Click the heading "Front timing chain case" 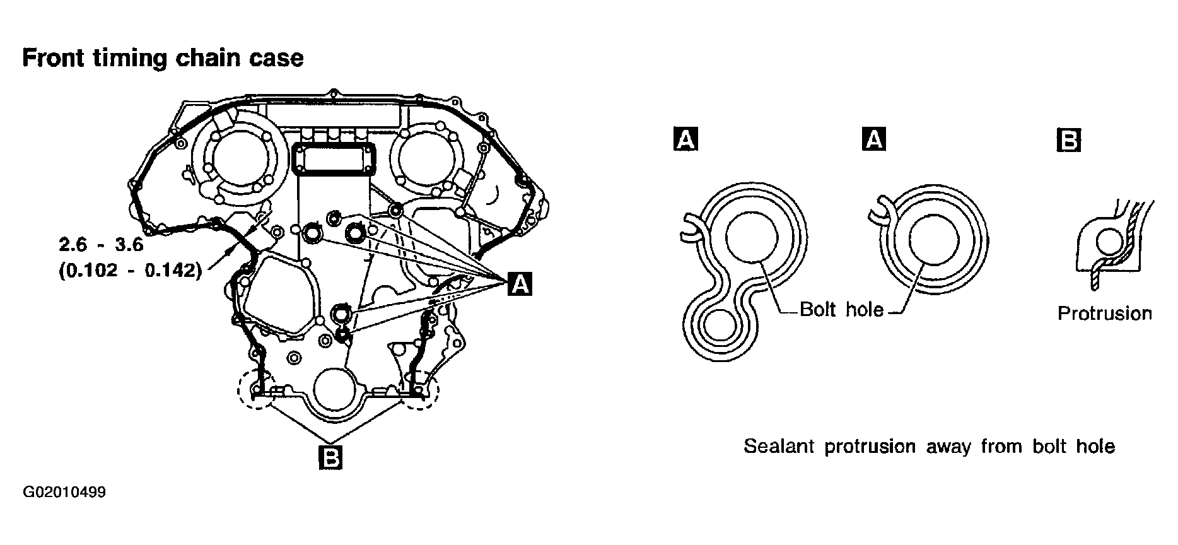[x=163, y=58]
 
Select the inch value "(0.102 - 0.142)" [x=131, y=271]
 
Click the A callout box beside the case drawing [x=520, y=284]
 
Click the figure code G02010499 [x=64, y=493]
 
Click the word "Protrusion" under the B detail [x=1104, y=314]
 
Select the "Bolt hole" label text [x=841, y=309]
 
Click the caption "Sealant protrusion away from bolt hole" [x=930, y=447]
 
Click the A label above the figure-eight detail [x=686, y=139]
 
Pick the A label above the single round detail [x=873, y=139]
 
